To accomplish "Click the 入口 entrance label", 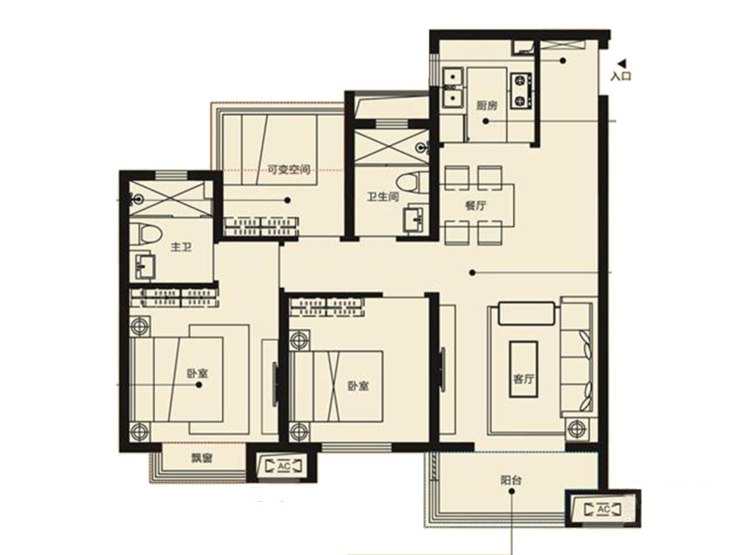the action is tap(621, 76).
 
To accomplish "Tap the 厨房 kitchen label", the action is tap(486, 105).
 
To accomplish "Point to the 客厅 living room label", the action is tap(523, 378).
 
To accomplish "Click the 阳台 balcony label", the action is tap(511, 480).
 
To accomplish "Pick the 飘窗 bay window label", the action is tap(201, 458).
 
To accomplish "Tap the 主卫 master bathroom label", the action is tap(181, 246).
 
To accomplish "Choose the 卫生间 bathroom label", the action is tap(383, 196).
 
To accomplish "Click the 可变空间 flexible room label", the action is tap(289, 170).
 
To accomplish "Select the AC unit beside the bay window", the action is tap(284, 466).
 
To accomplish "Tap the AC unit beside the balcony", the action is tap(603, 509).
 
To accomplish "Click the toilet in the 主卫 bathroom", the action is tap(145, 233).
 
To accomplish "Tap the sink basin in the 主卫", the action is tap(145, 266).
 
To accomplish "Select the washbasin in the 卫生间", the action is tap(414, 218).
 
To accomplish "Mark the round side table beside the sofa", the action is tap(576, 429).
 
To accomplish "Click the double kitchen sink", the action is tap(452, 87).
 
